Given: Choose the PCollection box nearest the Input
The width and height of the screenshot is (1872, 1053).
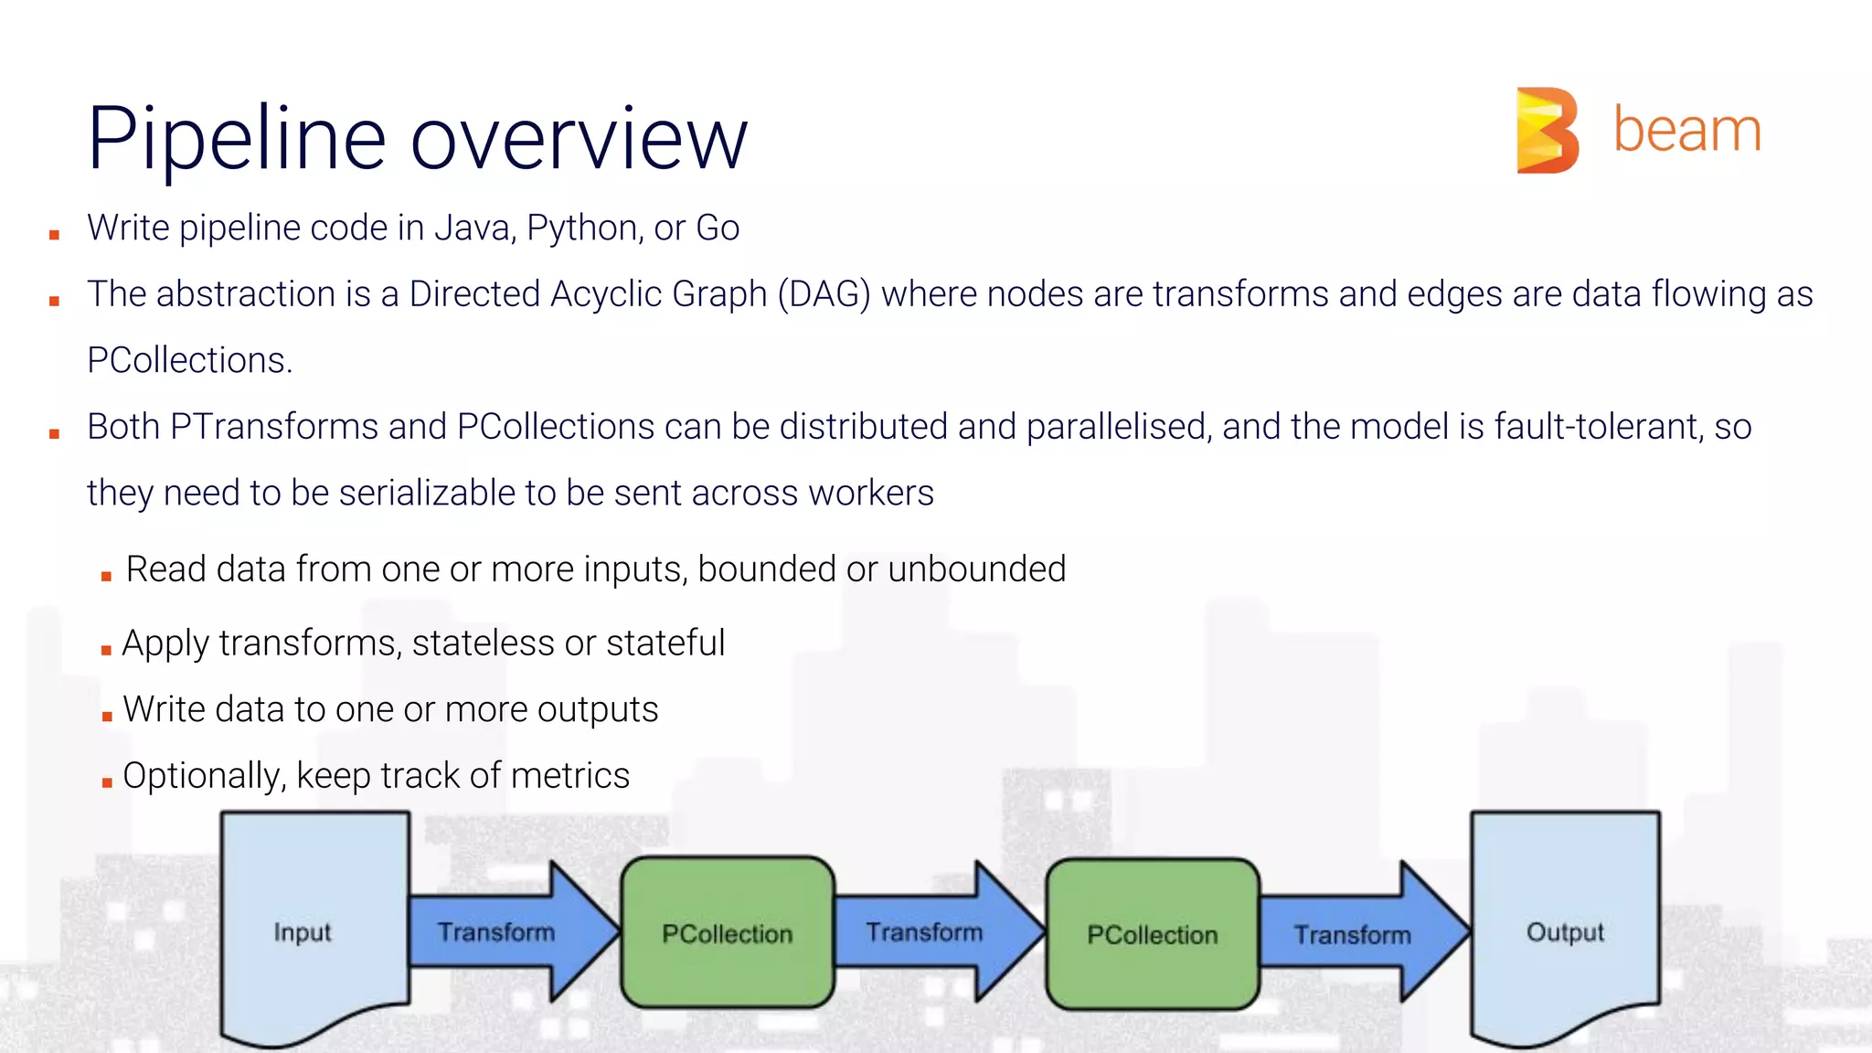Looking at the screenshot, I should pyautogui.click(x=728, y=933).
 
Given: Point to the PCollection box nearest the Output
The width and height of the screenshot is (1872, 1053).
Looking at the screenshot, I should pyautogui.click(x=1153, y=934).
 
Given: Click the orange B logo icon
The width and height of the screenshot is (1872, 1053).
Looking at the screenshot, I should pyautogui.click(x=1547, y=130).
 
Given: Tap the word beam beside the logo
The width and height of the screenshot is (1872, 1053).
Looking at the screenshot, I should pyautogui.click(x=1686, y=131).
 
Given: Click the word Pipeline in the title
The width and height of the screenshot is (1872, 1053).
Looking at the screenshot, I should pyautogui.click(x=237, y=139).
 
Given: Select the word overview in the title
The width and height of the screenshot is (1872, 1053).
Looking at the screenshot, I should pyautogui.click(x=580, y=141).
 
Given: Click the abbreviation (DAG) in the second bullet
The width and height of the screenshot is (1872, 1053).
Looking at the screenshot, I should pyautogui.click(x=824, y=295).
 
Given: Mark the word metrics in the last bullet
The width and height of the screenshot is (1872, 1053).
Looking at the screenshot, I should pyautogui.click(x=570, y=776).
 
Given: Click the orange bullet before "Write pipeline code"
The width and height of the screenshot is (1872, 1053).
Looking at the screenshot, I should pyautogui.click(x=55, y=235).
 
